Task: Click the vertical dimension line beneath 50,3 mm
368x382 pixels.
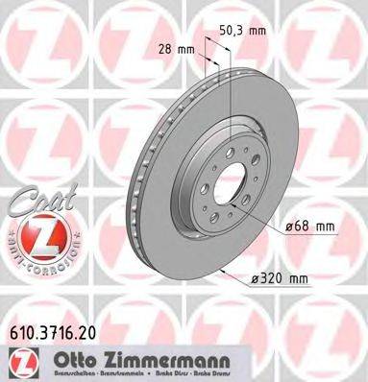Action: point(233,96)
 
